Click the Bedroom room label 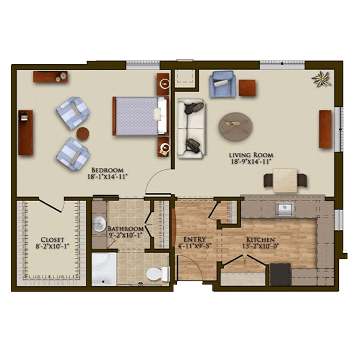107,170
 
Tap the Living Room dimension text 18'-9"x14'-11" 251,161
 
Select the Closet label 52,239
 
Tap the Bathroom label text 125,229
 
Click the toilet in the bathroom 158,274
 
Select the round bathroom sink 99,224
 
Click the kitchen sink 284,209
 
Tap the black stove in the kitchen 280,274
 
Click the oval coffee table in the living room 236,126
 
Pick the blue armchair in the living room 222,84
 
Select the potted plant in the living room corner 322,79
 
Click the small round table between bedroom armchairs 83,133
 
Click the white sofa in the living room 191,128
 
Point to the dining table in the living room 285,180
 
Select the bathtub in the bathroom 104,269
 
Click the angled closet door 50,205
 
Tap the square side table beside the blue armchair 247,88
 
